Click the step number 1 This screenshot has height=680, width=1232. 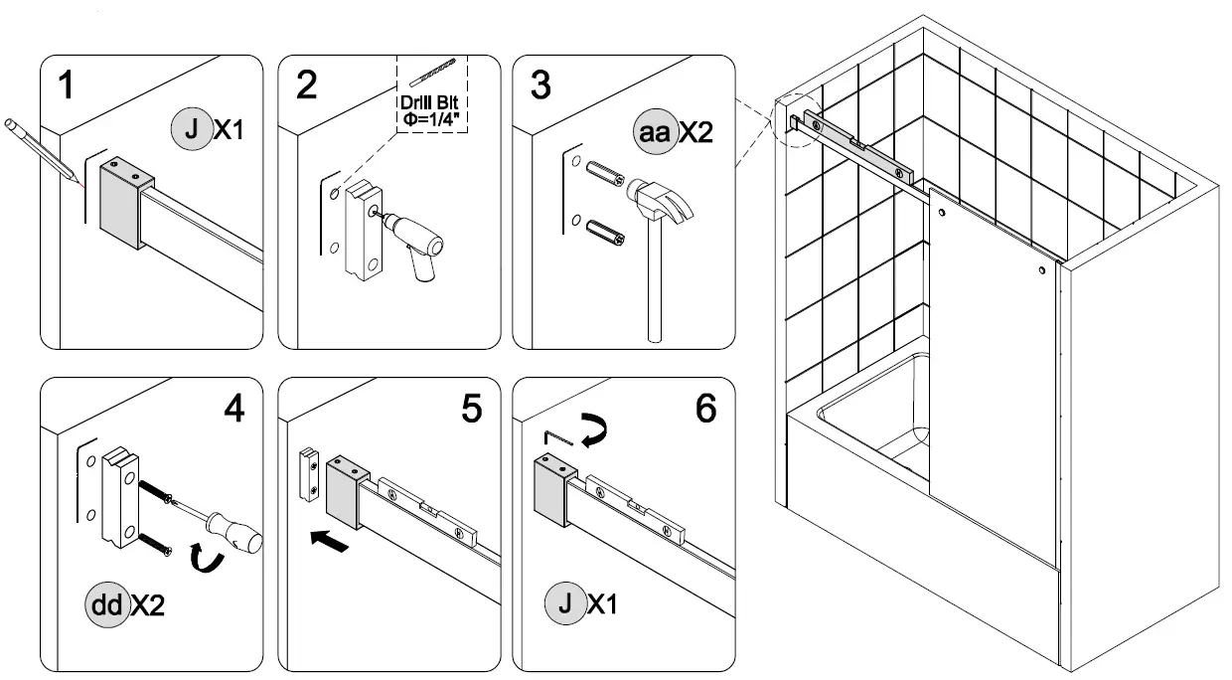(67, 85)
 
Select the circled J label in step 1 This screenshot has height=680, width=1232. (191, 131)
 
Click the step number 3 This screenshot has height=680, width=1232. (540, 85)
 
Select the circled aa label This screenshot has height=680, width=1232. (655, 133)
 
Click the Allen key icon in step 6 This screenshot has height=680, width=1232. (559, 438)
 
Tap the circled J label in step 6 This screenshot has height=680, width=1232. (563, 603)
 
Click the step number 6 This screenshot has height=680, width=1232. (705, 409)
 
